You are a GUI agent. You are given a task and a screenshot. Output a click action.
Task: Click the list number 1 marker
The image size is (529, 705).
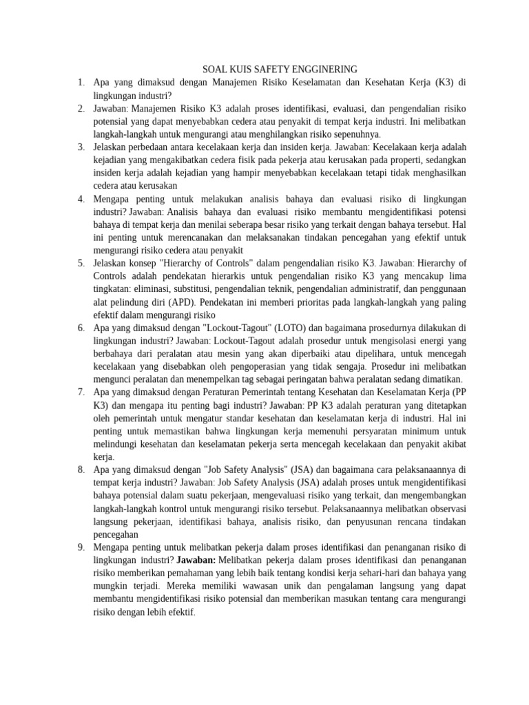pos(81,82)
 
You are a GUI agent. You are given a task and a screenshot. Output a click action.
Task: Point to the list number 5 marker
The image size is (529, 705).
pos(81,263)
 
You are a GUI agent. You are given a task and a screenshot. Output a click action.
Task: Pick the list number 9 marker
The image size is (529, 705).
pos(81,547)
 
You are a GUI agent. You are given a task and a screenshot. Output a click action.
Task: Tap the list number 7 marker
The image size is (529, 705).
pos(81,392)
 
